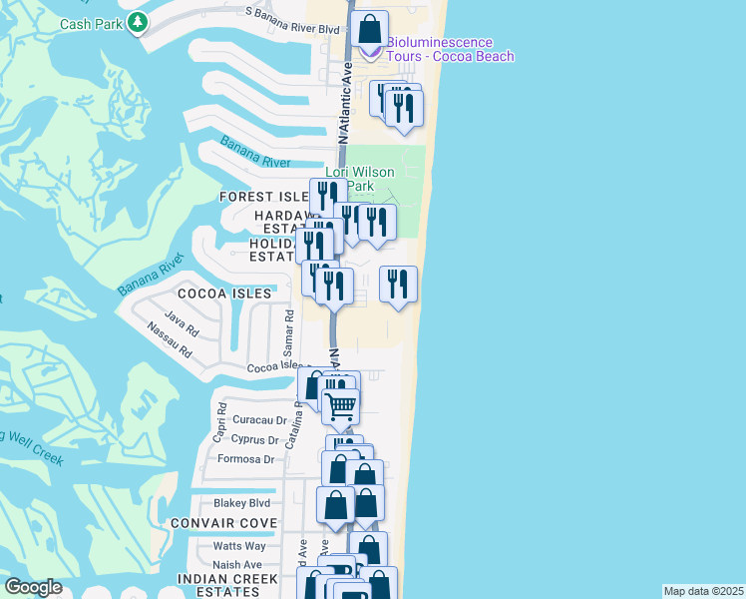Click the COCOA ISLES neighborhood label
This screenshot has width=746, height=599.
click(x=224, y=294)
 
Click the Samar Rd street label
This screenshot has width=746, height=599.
click(x=287, y=333)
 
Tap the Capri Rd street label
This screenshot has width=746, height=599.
click(x=219, y=428)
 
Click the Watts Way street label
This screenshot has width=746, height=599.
click(x=239, y=546)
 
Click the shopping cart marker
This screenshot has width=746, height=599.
click(x=341, y=406)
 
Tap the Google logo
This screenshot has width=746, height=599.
click(x=33, y=587)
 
